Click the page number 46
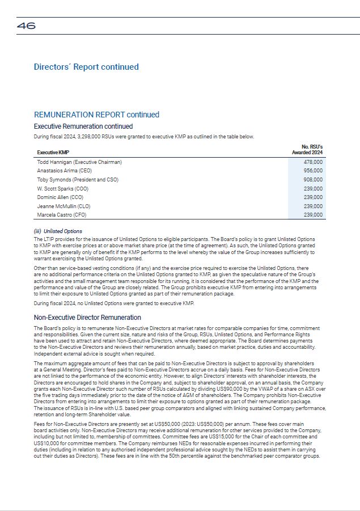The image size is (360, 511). pos(26,26)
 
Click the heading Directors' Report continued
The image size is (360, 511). pos(86,67)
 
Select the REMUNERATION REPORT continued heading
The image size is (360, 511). pos(96,115)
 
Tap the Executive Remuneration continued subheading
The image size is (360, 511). pos(83,126)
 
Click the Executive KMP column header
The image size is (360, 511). pos(53,153)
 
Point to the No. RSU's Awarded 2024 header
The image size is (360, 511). pos(307,150)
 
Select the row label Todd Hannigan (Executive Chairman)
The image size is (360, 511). pos(79,162)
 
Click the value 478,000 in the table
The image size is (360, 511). pos(313,162)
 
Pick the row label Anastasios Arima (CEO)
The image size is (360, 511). pos(64,171)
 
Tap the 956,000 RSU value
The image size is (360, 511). pos(313,171)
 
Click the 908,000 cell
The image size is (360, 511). pos(313,180)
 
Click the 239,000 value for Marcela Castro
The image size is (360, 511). pos(313,215)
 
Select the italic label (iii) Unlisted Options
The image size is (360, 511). pos(58,231)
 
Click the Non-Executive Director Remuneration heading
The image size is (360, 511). pos(87,318)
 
